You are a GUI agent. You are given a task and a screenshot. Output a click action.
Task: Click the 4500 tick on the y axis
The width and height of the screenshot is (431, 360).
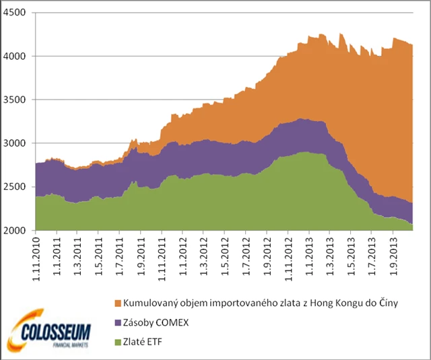coord(15,13)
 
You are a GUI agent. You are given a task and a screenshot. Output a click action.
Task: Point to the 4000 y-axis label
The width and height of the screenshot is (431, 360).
coord(15,57)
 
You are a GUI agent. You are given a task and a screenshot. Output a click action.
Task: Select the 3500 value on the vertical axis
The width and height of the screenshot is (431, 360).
coord(15,100)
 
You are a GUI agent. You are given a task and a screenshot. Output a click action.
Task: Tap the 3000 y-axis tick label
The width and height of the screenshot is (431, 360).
coord(15,143)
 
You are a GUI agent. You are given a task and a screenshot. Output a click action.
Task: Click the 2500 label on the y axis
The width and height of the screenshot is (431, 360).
coord(15,187)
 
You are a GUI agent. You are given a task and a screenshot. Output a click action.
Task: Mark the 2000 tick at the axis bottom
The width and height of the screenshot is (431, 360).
coord(15,231)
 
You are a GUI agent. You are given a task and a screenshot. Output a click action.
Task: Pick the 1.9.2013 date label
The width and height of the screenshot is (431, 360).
coord(393,254)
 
